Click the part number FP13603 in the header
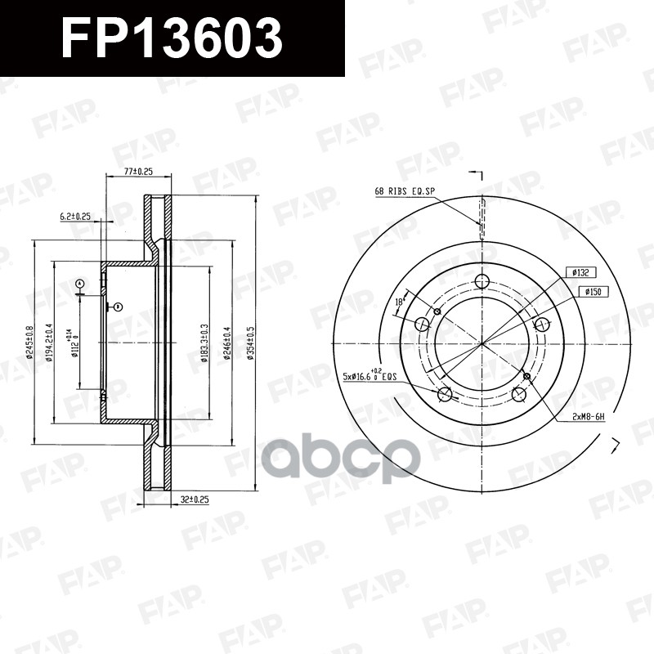pos(172,38)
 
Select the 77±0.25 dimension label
pos(138,172)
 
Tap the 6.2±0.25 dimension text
pos(75,217)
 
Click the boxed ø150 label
pos(593,291)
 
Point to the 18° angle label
pos(400,302)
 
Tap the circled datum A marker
pos(79,284)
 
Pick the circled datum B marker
pos(119,307)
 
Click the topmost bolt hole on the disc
pos(482,282)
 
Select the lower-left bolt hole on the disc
pos(446,396)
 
